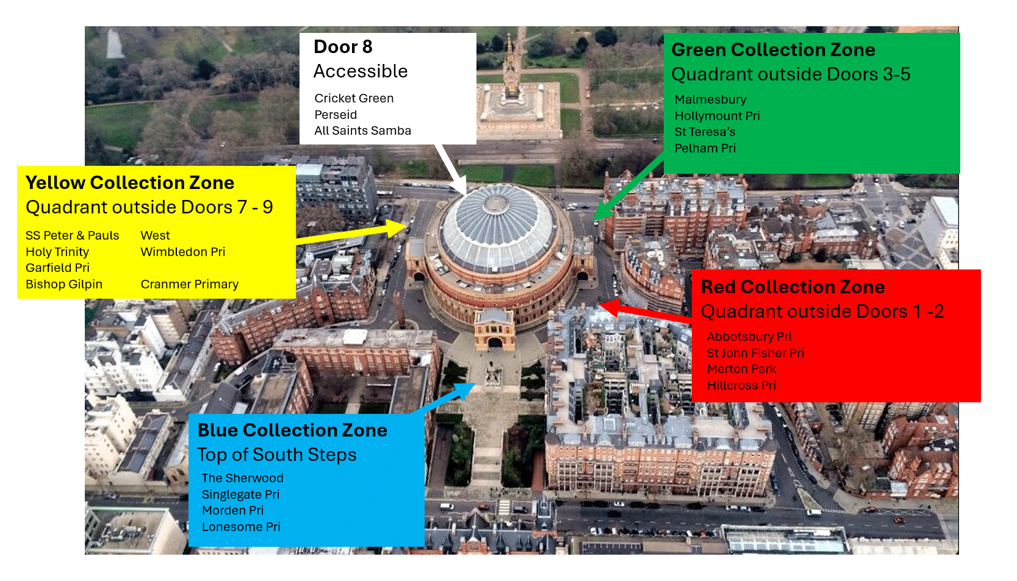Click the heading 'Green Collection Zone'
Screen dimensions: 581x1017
tap(773, 50)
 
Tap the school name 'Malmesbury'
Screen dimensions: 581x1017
tap(710, 99)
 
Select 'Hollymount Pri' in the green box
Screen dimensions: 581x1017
tap(717, 116)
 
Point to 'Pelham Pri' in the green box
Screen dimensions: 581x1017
tap(705, 148)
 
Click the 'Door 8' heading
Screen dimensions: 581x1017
tap(343, 47)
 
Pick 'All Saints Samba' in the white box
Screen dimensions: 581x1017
tap(362, 130)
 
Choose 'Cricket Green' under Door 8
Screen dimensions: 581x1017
tap(354, 98)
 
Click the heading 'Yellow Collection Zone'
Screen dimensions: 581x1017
tap(130, 183)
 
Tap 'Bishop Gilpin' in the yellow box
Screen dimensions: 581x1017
tap(64, 284)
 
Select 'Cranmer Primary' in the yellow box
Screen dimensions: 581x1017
tap(189, 284)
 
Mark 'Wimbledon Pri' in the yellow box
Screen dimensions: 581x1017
tap(182, 252)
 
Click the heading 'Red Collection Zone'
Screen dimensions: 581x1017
tap(792, 287)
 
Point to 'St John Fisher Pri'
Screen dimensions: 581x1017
tap(755, 353)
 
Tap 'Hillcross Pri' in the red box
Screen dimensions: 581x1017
tap(741, 385)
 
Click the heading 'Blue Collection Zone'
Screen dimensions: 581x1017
tap(292, 430)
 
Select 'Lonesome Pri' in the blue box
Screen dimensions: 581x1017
tap(241, 527)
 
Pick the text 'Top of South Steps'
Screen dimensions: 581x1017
tap(277, 455)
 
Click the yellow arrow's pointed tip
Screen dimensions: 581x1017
tap(406, 227)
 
